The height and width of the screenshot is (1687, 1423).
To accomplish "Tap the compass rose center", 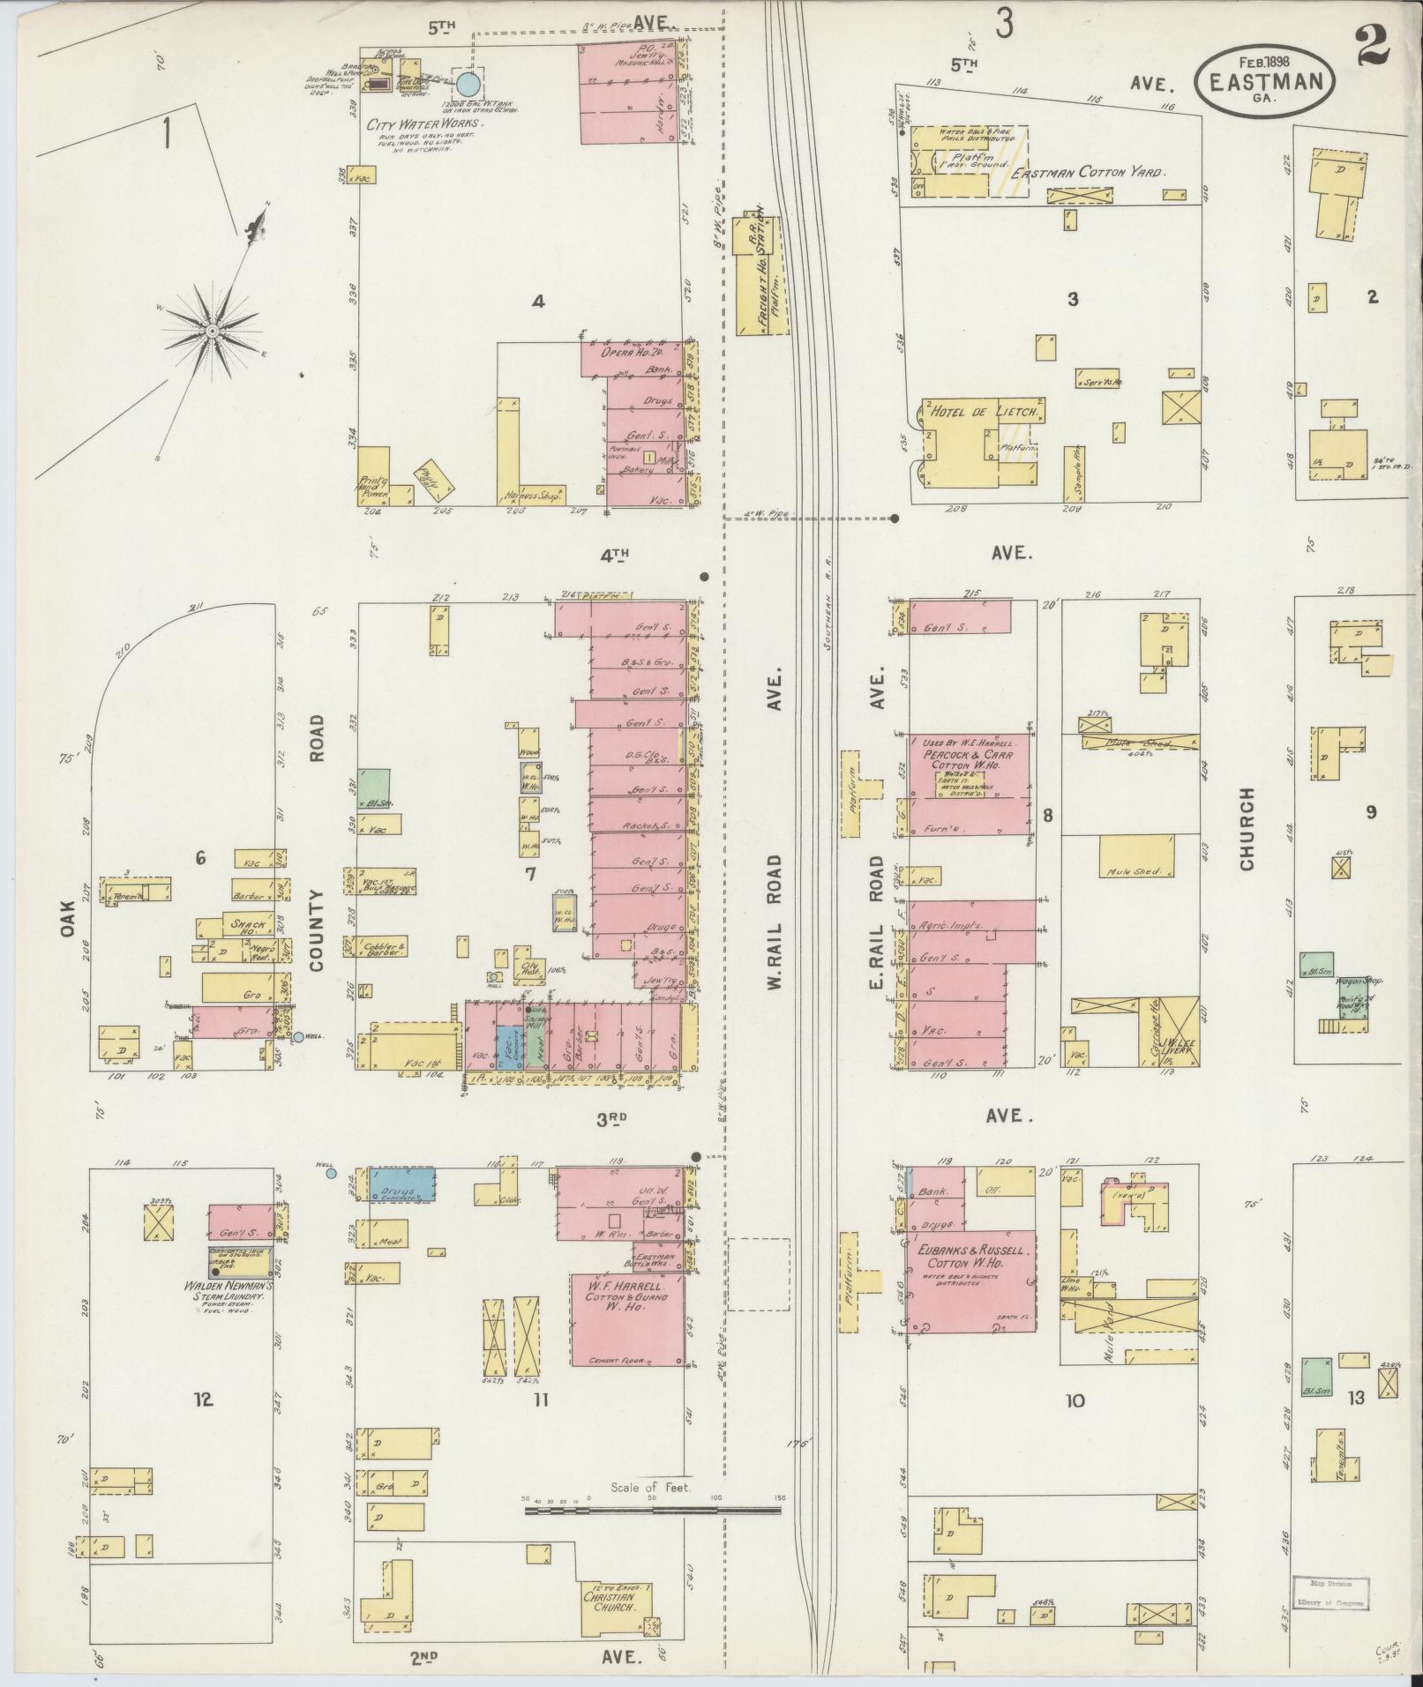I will (x=213, y=331).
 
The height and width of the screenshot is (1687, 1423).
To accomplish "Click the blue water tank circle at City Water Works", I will (x=468, y=85).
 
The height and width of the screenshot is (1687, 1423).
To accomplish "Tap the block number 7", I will (x=530, y=874).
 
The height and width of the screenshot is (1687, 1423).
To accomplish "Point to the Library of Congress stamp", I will (x=1330, y=1597).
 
